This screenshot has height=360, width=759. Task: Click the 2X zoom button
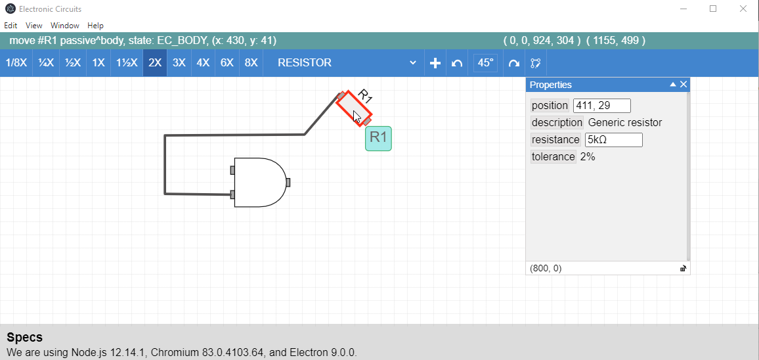tap(155, 63)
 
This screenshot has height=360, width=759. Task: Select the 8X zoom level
tap(251, 63)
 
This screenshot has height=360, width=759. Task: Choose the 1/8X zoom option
tap(16, 63)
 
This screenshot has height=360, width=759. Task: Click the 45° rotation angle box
tap(485, 63)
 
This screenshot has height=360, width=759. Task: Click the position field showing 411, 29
tap(601, 106)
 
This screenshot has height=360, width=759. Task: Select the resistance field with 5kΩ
tap(613, 139)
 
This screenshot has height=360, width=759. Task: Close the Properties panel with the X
tap(683, 84)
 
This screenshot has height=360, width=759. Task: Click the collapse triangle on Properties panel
tap(672, 84)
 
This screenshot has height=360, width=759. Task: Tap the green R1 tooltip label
tap(378, 138)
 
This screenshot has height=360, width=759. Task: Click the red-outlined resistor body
tap(354, 108)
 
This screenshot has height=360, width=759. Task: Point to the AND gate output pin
tap(288, 182)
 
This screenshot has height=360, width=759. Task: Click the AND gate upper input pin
tap(232, 170)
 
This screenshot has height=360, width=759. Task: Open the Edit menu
tap(11, 25)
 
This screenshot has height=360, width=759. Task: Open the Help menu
tap(95, 25)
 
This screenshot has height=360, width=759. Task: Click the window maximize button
tap(712, 9)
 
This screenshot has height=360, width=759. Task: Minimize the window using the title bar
tap(683, 9)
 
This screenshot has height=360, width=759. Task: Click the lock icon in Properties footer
tap(683, 269)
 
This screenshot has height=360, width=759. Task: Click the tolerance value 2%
tap(587, 156)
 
